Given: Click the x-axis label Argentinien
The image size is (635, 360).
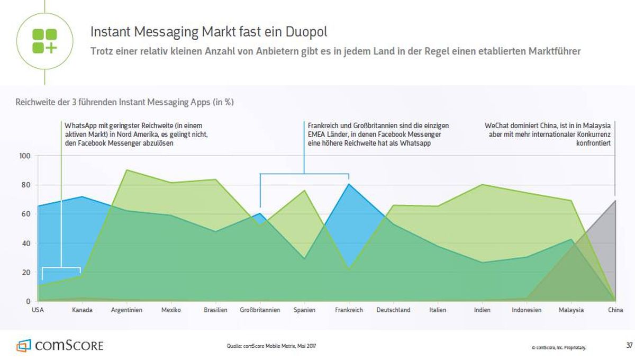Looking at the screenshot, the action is pyautogui.click(x=126, y=310).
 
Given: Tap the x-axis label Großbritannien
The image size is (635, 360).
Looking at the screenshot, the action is pyautogui.click(x=260, y=310).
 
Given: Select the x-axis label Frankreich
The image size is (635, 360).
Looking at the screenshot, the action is pyautogui.click(x=349, y=310).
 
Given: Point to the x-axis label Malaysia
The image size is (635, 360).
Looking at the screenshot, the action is pyautogui.click(x=571, y=310).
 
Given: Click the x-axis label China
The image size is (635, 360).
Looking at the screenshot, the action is pyautogui.click(x=615, y=310).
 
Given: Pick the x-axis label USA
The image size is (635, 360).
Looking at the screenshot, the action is pyautogui.click(x=38, y=310).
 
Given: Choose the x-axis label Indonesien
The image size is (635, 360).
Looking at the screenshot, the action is pyautogui.click(x=527, y=310).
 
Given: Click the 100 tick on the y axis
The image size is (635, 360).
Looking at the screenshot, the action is pyautogui.click(x=25, y=156).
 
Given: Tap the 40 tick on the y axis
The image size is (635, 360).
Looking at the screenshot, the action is pyautogui.click(x=26, y=244).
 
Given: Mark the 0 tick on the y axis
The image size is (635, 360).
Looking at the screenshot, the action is pyautogui.click(x=28, y=301).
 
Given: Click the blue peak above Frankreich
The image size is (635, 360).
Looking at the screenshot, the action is pyautogui.click(x=349, y=184).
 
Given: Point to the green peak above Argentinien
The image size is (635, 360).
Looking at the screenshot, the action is pyautogui.click(x=126, y=170).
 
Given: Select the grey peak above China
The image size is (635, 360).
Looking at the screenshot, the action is pyautogui.click(x=615, y=201).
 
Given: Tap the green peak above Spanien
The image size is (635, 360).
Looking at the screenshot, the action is pyautogui.click(x=304, y=190).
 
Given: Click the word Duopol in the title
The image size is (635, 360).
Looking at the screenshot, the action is pyautogui.click(x=306, y=32).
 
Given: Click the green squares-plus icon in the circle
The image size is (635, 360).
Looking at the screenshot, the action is pyautogui.click(x=45, y=41).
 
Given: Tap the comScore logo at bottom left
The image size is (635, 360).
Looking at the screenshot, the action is pyautogui.click(x=60, y=345).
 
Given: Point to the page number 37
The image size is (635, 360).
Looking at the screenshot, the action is pyautogui.click(x=629, y=345).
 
